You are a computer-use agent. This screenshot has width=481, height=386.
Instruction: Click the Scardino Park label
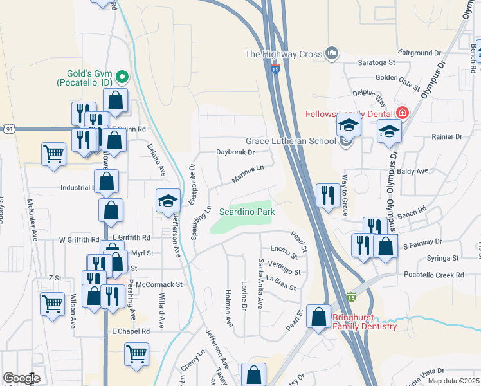247,211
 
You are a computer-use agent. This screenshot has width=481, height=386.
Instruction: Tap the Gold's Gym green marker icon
121,78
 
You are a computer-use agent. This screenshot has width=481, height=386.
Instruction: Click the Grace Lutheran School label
291,141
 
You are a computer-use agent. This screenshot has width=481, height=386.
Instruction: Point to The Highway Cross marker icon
332,53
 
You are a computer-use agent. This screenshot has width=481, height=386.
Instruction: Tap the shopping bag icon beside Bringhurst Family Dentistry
318,316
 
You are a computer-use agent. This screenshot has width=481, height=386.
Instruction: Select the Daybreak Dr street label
235,152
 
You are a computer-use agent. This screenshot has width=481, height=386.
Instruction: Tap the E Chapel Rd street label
131,331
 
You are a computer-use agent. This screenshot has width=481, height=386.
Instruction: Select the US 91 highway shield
8,129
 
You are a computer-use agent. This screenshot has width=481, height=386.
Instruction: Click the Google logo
21,378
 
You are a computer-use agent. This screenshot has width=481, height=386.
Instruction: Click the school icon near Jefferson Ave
167,201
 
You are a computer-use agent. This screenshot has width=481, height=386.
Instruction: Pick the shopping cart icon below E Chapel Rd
137,354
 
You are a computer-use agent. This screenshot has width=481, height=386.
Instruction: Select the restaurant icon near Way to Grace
328,195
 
